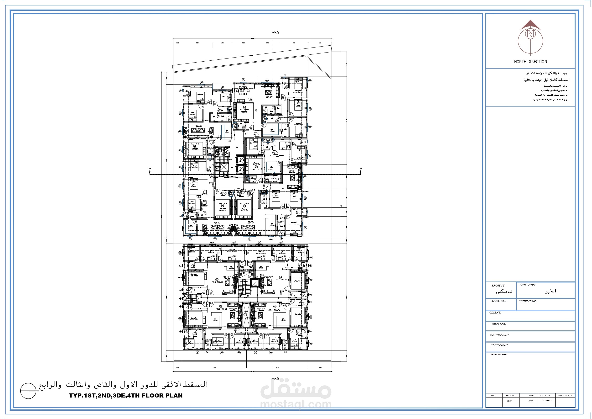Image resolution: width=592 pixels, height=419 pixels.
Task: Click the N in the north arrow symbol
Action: [x=530, y=34]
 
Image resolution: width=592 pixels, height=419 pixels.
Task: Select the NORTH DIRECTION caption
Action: [x=530, y=62]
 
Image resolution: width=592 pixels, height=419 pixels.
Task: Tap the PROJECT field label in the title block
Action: [x=498, y=286]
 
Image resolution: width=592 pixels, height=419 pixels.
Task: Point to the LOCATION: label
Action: [x=527, y=285]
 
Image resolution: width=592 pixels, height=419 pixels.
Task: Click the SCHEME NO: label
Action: [x=528, y=301]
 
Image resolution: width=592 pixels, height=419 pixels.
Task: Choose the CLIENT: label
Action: [x=495, y=313]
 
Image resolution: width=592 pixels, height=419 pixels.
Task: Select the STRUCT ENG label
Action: [x=499, y=335]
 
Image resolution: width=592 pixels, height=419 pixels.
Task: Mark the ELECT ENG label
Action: [x=499, y=345]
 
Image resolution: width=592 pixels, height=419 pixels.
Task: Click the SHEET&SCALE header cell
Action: [x=565, y=395]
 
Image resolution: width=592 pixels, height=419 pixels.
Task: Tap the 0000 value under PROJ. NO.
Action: [x=509, y=401]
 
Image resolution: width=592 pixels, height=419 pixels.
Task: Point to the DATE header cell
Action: [x=491, y=395]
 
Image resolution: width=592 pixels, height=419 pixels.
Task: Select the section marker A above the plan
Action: [x=278, y=32]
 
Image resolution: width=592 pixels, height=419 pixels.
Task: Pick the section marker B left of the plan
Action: [x=150, y=169]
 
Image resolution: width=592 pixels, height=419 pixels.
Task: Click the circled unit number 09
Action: [x=244, y=107]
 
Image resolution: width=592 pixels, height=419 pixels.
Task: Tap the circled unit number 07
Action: [x=195, y=146]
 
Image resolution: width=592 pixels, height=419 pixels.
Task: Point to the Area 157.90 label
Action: [x=217, y=282]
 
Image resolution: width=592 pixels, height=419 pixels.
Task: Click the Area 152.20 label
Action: [x=281, y=280]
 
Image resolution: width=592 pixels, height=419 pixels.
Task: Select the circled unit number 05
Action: [x=223, y=206]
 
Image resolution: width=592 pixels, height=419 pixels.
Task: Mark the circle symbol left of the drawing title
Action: [x=28, y=391]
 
